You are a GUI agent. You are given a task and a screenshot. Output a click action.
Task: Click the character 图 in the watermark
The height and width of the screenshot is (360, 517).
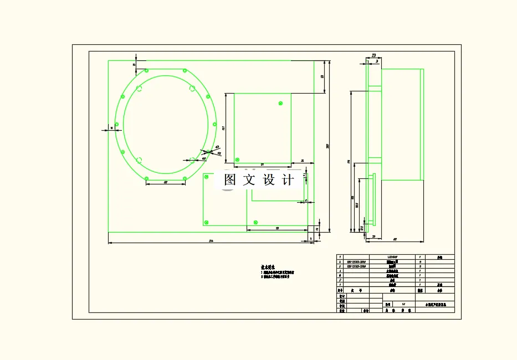point(231,180)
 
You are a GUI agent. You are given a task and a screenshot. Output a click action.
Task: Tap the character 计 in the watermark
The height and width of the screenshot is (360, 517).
point(288,180)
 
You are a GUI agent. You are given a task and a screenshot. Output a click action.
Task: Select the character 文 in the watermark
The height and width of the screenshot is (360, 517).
point(249,180)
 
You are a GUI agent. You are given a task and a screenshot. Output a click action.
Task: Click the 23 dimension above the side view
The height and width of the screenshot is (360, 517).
point(373,55)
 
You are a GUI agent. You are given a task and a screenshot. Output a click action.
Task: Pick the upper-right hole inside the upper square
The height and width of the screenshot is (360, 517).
point(280,103)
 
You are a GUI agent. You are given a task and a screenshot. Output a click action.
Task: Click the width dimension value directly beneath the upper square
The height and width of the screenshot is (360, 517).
point(262,164)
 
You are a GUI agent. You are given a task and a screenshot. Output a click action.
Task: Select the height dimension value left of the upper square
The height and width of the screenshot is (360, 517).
point(223,128)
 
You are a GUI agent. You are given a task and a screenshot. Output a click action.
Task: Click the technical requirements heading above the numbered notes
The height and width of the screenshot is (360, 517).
point(268,266)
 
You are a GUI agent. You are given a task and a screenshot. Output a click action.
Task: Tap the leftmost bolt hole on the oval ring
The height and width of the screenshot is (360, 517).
point(116,124)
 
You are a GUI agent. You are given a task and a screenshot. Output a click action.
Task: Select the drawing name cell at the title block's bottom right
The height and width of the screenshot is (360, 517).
point(439,304)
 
